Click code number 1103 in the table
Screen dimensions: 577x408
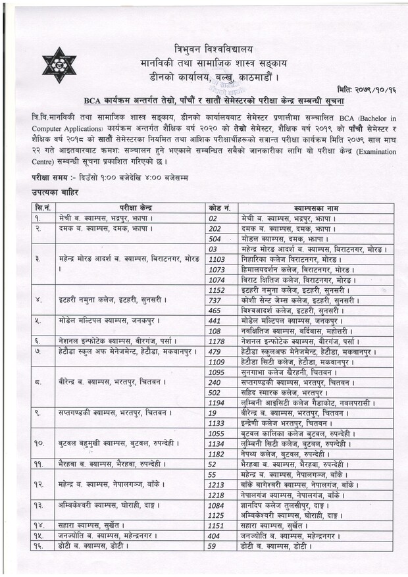(217, 259)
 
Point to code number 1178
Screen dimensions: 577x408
(217, 341)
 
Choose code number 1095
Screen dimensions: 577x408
(217, 372)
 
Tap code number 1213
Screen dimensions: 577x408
(217, 484)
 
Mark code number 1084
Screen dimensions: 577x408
(217, 505)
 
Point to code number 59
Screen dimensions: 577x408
(213, 546)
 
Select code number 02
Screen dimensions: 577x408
(213, 218)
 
